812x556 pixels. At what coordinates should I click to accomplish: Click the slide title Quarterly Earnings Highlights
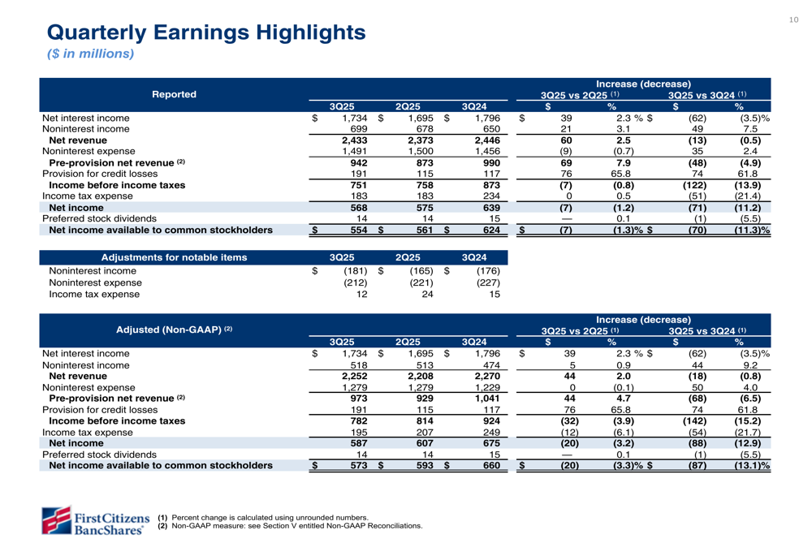[206, 32]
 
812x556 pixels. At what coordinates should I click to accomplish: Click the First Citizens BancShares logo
[96, 519]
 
